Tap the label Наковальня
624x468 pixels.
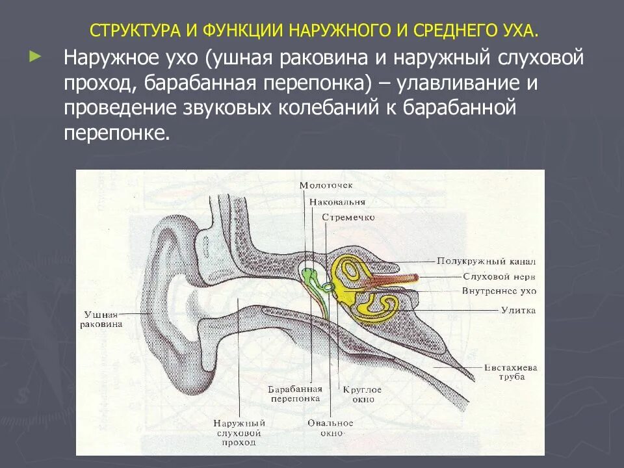tap(337, 201)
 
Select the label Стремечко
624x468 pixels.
tap(348, 218)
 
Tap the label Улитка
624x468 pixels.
tap(518, 311)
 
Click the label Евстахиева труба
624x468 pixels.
tap(510, 372)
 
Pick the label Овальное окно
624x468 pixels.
tap(330, 428)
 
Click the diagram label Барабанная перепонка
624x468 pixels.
tap(294, 393)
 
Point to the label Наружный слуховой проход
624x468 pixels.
tap(239, 432)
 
